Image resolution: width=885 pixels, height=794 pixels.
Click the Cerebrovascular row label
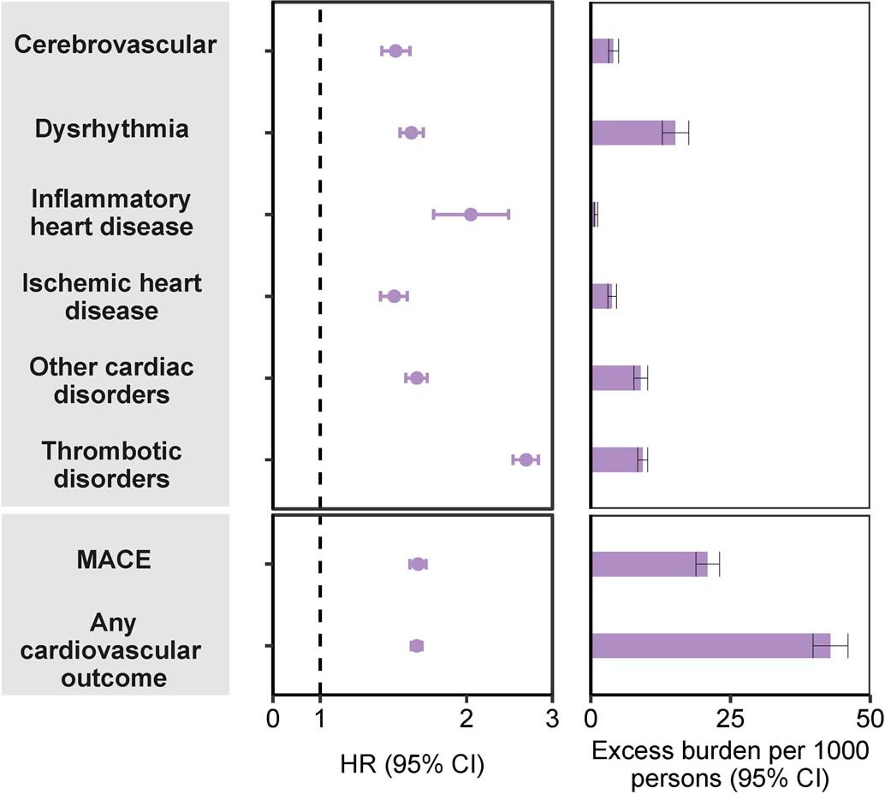(115, 45)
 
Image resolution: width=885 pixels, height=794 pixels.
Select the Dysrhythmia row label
(112, 129)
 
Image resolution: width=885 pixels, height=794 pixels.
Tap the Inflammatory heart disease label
(111, 213)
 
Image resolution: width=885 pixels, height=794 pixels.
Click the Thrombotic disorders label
(112, 464)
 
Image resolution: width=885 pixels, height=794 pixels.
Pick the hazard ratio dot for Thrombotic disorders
(526, 460)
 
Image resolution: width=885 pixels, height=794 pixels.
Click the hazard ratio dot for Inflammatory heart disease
(471, 214)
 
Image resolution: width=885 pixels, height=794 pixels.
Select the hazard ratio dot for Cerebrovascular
(395, 51)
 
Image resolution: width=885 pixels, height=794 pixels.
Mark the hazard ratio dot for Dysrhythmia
(412, 133)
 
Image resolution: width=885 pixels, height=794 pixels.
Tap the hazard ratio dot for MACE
(418, 564)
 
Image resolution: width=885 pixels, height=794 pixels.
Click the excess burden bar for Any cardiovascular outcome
(710, 645)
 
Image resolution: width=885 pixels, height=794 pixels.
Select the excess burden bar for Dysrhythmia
(633, 133)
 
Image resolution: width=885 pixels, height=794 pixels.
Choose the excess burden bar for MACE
(649, 564)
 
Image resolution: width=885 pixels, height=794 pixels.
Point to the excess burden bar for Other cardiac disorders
(616, 377)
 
